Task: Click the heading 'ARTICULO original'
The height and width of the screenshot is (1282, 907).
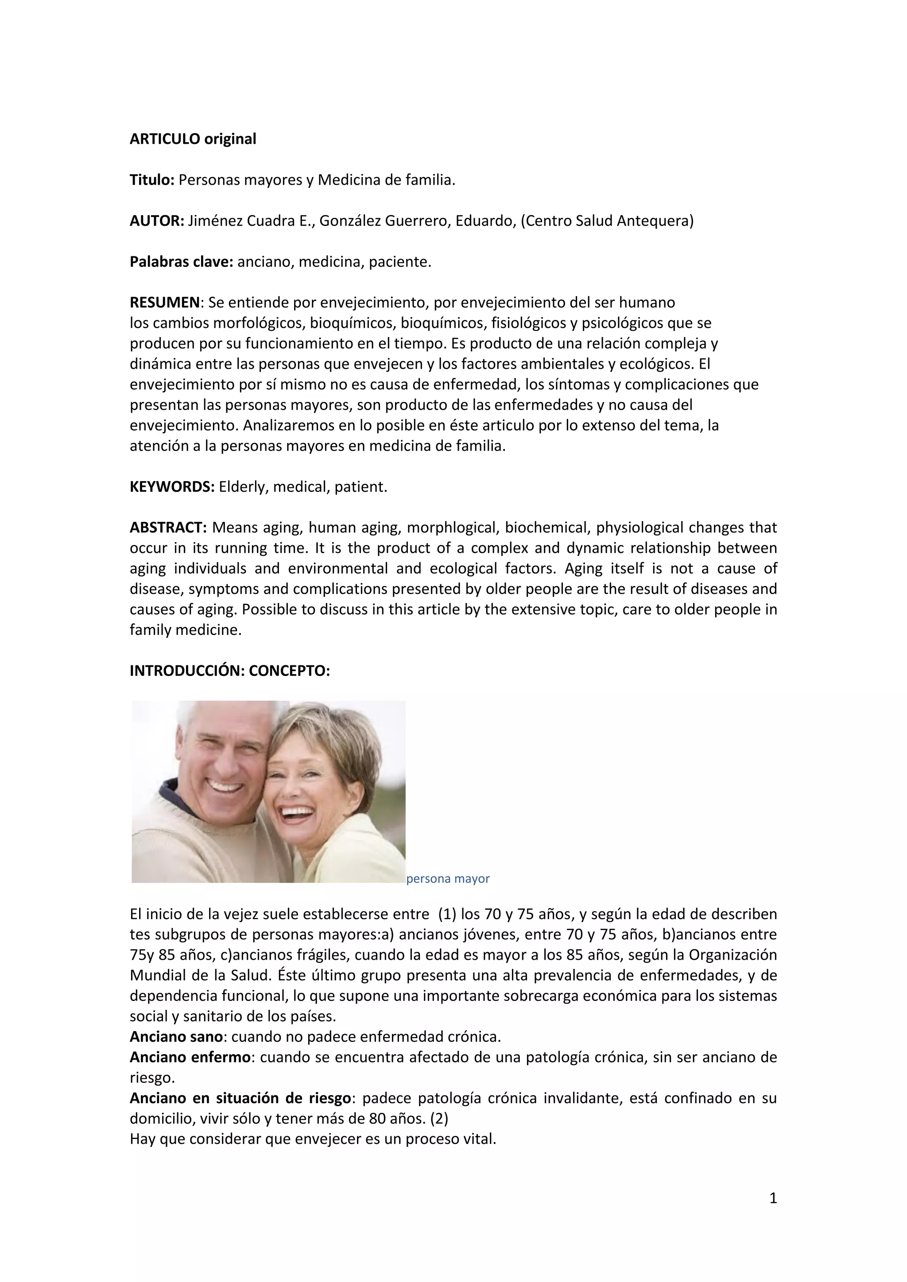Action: (193, 139)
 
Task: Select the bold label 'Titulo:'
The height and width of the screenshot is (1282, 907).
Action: (152, 180)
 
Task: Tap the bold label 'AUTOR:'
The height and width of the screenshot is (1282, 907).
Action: (156, 221)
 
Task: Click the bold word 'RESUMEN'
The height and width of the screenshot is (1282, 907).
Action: (164, 303)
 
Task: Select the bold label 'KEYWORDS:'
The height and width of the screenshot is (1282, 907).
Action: (172, 487)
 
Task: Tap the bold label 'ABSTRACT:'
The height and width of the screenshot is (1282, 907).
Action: (168, 528)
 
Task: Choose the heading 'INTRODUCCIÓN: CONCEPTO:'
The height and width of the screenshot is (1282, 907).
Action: (229, 671)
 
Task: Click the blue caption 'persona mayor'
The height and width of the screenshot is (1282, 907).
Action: (447, 878)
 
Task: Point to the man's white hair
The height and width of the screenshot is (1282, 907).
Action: (223, 718)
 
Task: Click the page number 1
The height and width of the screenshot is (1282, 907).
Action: (773, 1198)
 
